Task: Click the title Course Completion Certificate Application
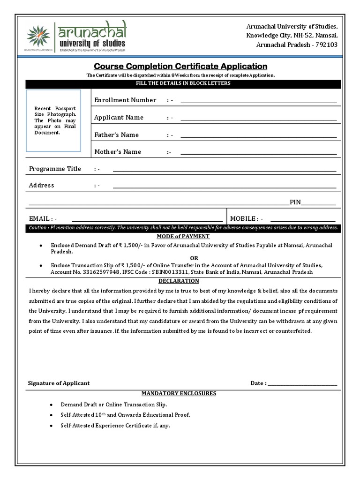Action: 180,66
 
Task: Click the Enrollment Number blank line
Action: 258,102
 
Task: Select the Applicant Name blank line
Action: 258,120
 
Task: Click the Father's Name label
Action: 116,135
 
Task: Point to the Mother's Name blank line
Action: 258,154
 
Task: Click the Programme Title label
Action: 55,169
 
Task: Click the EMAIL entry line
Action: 147,221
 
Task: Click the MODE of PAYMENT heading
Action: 180,237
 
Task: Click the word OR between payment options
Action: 194,258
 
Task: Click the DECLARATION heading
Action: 179,281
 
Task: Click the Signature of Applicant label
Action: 59,383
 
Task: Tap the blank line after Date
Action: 302,385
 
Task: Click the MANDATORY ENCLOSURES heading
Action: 179,393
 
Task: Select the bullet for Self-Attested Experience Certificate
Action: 51,426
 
